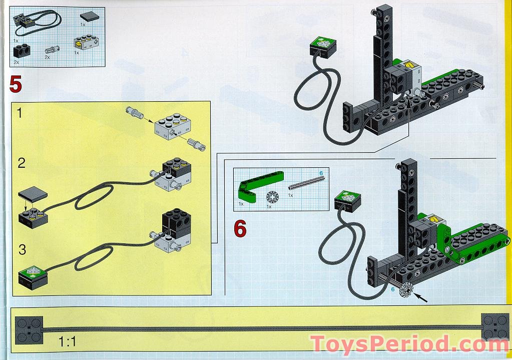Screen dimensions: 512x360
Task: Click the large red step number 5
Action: click(x=16, y=84)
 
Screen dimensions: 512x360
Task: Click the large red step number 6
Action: click(x=240, y=228)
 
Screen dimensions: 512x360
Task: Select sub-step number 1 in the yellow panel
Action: click(x=20, y=113)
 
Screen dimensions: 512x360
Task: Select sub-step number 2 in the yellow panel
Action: click(x=21, y=163)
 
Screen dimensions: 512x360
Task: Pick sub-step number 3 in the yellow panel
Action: click(x=22, y=249)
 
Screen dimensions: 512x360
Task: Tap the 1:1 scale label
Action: click(x=67, y=342)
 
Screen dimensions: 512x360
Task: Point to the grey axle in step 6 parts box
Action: click(x=306, y=183)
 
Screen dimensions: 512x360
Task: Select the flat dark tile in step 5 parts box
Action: click(x=90, y=16)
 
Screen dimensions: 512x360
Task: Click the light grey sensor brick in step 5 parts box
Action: click(x=87, y=43)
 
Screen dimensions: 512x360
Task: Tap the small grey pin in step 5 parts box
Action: click(x=52, y=50)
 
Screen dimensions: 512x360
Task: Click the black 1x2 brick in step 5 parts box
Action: click(x=22, y=51)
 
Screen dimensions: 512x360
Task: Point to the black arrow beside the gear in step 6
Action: click(x=420, y=297)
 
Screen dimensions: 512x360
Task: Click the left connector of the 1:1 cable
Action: click(x=29, y=330)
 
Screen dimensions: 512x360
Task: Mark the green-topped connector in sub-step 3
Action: click(x=33, y=277)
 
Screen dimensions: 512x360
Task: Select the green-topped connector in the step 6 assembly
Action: click(x=348, y=201)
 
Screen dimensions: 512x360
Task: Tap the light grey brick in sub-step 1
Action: click(x=173, y=126)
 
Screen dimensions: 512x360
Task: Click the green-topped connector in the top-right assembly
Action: click(x=323, y=47)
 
